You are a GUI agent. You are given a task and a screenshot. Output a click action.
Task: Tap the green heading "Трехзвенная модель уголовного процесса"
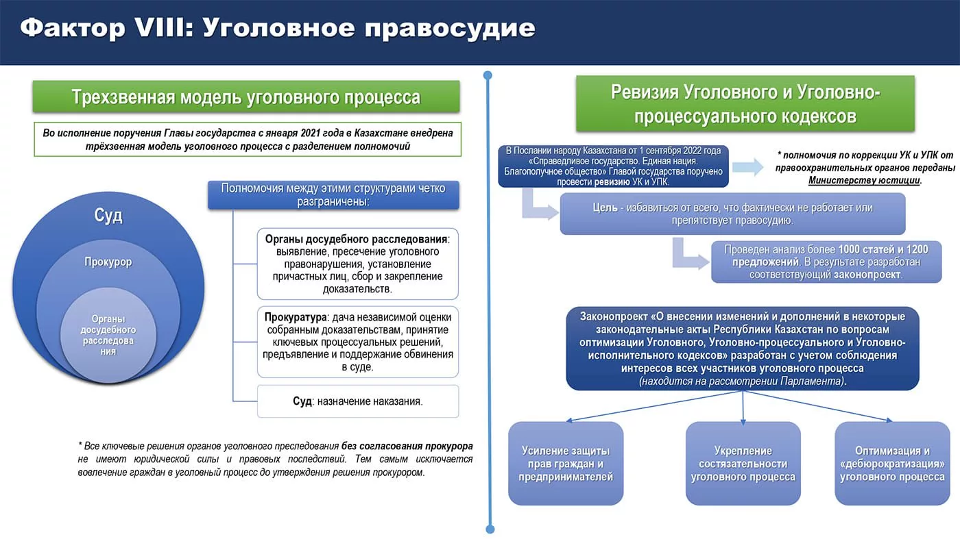[246, 97]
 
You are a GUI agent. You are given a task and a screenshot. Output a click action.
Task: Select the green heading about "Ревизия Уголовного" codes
[745, 103]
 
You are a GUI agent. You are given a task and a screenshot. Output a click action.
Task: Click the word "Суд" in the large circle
[108, 216]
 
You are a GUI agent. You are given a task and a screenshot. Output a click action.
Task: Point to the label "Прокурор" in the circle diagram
[108, 262]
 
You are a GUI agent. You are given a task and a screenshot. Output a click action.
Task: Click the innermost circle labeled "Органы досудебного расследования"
[108, 335]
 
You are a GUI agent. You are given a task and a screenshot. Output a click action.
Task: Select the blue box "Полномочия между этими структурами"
[333, 195]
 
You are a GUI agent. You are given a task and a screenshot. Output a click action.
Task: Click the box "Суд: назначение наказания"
[357, 401]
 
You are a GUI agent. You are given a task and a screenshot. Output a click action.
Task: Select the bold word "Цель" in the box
[605, 207]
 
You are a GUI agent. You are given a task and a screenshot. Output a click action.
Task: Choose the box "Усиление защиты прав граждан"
[566, 463]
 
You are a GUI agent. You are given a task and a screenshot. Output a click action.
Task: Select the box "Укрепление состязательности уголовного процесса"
[743, 463]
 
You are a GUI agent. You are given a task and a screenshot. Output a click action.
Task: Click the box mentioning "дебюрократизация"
[892, 463]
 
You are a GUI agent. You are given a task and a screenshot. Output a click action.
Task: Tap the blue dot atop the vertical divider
[488, 75]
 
